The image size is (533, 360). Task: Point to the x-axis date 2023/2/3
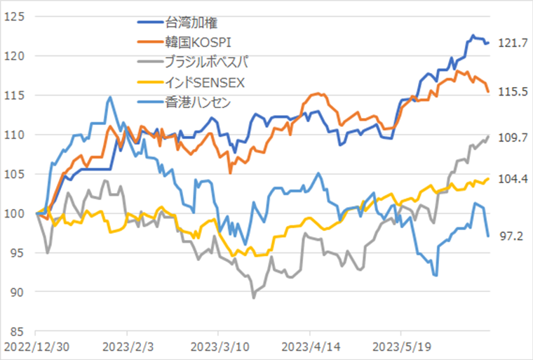point(127,347)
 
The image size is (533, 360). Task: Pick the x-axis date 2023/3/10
point(218,347)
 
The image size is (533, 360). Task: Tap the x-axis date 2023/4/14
point(309,347)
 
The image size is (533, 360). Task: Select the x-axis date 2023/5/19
point(400,347)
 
